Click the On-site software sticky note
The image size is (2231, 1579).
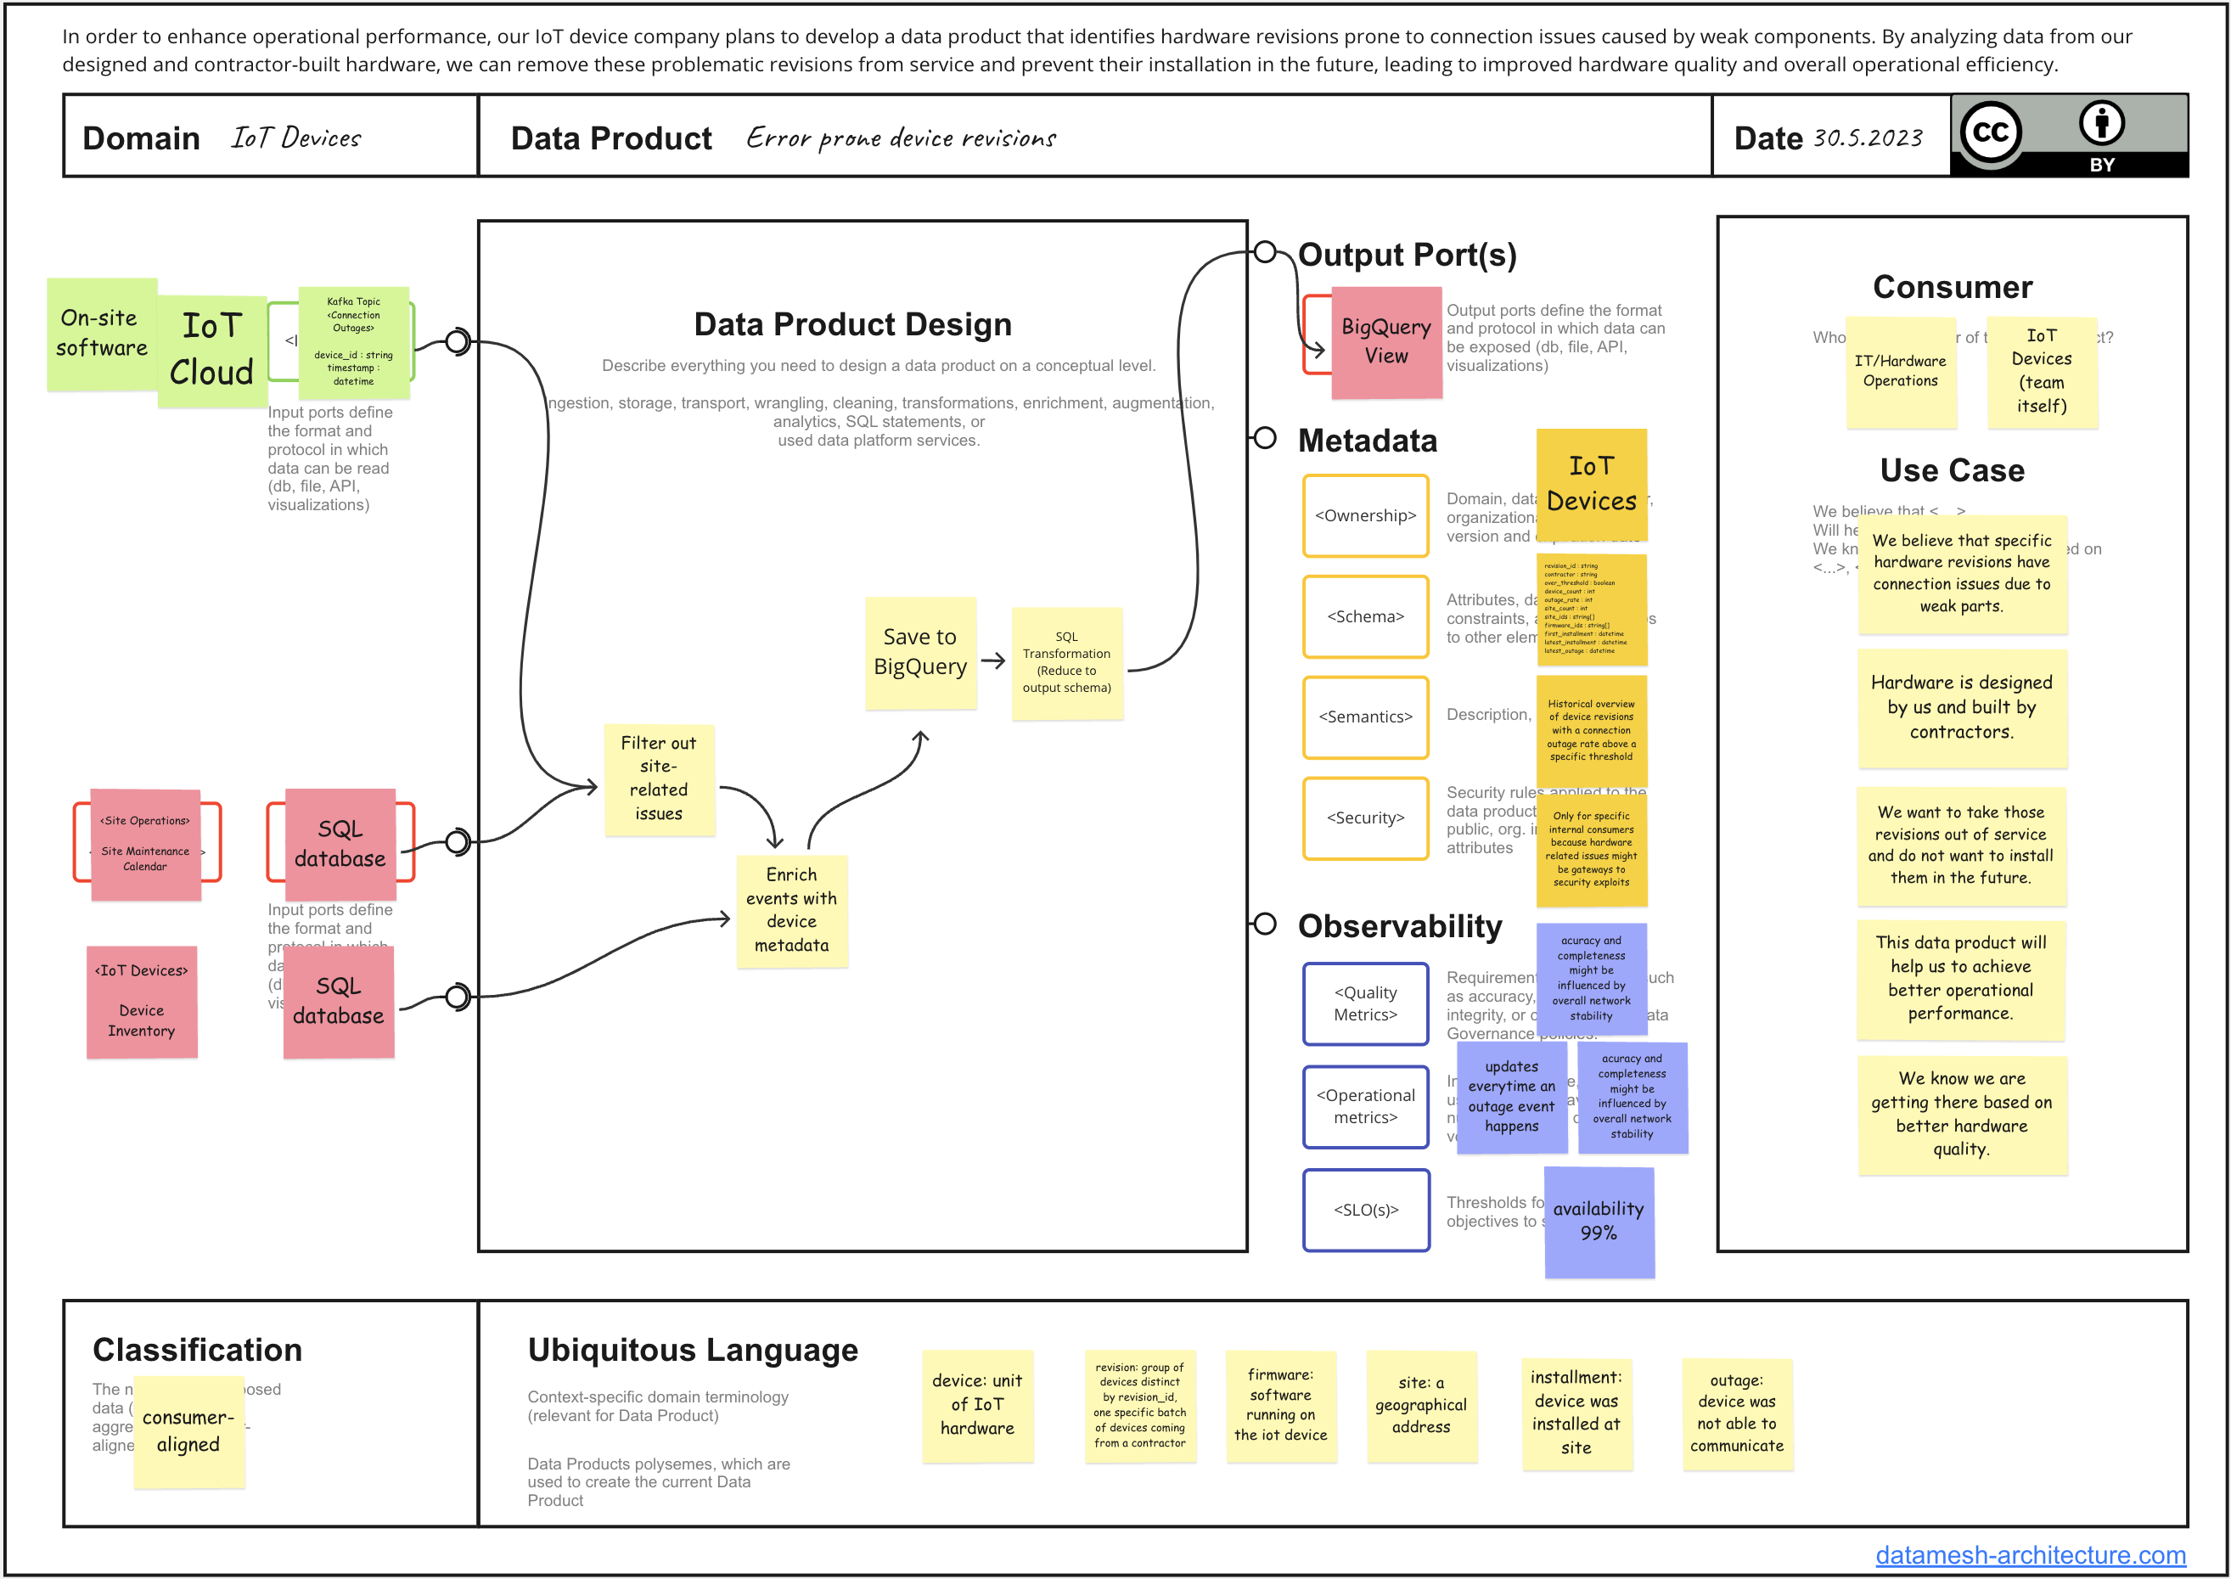point(101,334)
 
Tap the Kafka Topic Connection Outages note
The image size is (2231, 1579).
point(353,341)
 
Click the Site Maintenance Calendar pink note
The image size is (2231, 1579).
point(145,843)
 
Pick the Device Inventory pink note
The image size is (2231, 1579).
point(141,1001)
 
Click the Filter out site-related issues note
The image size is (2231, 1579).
point(658,778)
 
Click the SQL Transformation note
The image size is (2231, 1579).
point(1065,662)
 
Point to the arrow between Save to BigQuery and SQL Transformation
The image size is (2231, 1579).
point(992,661)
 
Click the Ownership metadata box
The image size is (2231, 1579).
point(1364,515)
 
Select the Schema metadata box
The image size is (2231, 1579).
point(1364,616)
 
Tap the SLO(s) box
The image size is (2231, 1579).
point(1364,1210)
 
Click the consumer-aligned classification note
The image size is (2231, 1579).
point(188,1430)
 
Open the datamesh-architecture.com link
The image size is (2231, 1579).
point(2029,1554)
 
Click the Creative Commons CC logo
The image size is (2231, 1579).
point(1989,132)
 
